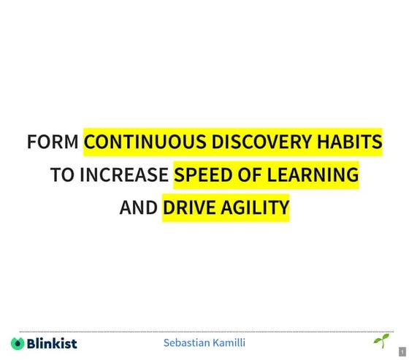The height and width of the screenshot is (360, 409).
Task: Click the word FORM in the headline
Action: point(53,142)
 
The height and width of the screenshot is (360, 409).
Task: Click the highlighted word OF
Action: point(241,175)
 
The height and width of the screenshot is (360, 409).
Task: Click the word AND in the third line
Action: point(138,208)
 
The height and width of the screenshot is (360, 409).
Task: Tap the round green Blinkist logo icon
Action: point(18,342)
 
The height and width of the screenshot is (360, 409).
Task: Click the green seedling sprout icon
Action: point(381,340)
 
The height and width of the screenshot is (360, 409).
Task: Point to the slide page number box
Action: point(402,352)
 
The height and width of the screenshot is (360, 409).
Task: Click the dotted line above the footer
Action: point(204,332)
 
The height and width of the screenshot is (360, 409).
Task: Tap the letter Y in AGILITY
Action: point(283,208)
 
